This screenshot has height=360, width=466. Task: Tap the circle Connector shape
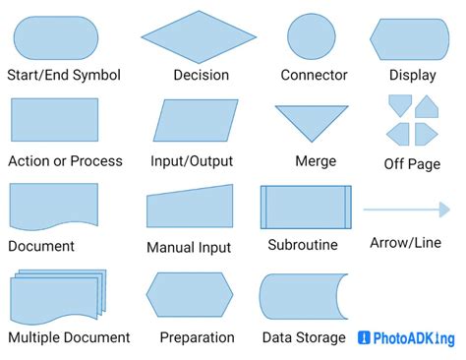[314, 37]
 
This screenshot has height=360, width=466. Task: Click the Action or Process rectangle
[54, 120]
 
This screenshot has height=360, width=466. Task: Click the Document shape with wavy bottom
[54, 206]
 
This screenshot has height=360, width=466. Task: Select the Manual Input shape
[190, 208]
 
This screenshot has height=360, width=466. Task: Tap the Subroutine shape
[305, 207]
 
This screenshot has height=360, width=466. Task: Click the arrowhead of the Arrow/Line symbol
[442, 209]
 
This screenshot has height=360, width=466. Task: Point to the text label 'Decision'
[201, 75]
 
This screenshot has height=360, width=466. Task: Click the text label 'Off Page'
[412, 164]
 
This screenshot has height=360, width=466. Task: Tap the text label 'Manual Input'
[189, 248]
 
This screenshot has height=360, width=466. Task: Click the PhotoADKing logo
[406, 338]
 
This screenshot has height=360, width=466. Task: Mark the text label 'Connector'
[314, 75]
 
